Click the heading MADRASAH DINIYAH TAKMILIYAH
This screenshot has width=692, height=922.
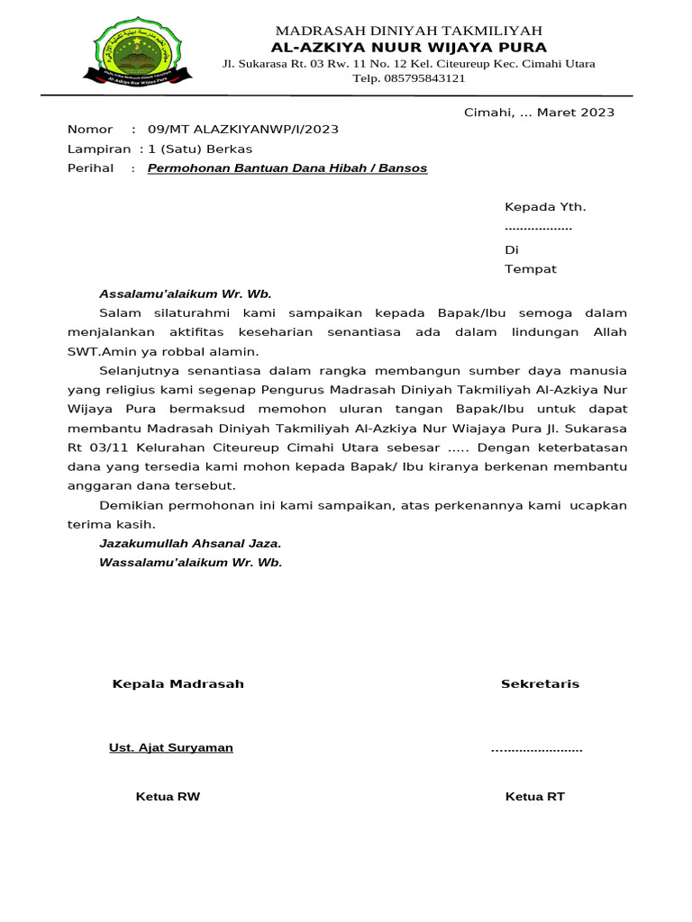coord(409,32)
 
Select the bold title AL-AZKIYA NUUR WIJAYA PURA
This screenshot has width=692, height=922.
coord(409,48)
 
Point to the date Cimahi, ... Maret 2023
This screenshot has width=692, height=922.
coord(539,113)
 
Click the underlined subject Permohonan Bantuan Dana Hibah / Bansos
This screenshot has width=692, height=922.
coord(287,168)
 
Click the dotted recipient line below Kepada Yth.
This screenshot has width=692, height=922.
coord(538,228)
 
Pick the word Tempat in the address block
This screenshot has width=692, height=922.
coord(530,269)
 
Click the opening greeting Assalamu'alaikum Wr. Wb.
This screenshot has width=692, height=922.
coord(185,294)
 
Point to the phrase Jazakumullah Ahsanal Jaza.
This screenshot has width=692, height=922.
coord(190,543)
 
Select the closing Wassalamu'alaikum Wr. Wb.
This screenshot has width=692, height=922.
coord(190,563)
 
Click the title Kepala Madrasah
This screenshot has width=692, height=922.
coord(178,684)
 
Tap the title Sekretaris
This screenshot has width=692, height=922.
coord(540,684)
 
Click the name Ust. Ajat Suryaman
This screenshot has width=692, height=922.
coord(170,748)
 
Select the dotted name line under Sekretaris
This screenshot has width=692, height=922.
coord(536,749)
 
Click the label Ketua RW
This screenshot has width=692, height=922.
coord(168,797)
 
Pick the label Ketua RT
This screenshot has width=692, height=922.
coord(534,797)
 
